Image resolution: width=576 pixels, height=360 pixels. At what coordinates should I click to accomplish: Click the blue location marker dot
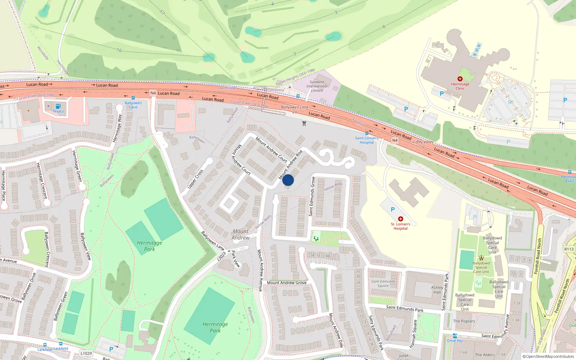tap(288, 180)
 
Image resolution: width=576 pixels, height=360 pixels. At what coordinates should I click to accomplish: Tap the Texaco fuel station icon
tap(58, 106)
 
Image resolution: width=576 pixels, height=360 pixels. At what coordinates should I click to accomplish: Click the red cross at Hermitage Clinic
tap(460, 79)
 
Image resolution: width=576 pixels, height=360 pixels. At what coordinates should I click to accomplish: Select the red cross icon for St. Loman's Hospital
tap(400, 219)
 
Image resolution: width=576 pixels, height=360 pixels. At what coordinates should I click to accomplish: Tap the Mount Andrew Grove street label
tap(287, 283)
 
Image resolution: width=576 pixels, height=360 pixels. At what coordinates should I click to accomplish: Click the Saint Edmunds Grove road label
tap(312, 197)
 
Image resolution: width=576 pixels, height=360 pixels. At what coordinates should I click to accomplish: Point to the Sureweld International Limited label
tap(317, 86)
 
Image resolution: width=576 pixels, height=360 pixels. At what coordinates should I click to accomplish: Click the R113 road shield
tap(569, 249)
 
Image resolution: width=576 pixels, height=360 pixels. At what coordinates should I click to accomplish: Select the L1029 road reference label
tap(86, 354)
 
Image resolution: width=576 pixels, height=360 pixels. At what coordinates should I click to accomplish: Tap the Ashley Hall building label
tap(437, 290)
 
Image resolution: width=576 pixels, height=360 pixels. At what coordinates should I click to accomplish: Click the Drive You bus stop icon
tap(455, 336)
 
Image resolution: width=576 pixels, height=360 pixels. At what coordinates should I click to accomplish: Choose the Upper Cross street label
tap(195, 179)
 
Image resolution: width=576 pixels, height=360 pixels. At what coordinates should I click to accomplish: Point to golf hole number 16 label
tap(119, 50)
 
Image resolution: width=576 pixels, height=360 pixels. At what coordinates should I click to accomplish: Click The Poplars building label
tap(464, 321)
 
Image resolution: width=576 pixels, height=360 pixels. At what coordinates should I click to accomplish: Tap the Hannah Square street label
tap(413, 334)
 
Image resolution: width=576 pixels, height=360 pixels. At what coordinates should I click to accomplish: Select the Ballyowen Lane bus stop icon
tap(133, 98)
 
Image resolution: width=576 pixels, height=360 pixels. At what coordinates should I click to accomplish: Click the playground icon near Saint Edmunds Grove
tap(316, 238)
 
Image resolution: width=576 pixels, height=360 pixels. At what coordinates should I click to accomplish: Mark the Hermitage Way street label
tap(117, 129)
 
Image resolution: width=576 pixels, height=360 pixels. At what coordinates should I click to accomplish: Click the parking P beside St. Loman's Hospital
tap(392, 210)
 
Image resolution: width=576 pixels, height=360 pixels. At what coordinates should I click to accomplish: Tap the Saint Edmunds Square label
tap(383, 284)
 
